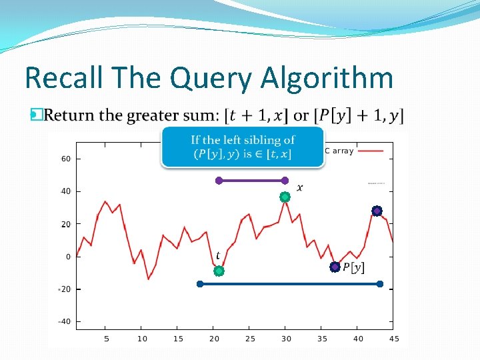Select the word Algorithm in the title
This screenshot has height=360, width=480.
point(327,79)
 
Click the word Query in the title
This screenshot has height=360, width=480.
point(211,79)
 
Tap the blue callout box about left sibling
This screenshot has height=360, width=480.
point(243,147)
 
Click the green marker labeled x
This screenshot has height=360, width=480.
point(285,197)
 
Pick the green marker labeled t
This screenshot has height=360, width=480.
point(219,271)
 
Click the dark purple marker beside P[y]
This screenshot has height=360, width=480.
point(335,267)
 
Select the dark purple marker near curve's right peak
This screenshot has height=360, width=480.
point(377,211)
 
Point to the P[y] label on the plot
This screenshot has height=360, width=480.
point(353,267)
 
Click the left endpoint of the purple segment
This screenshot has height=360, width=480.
point(219,180)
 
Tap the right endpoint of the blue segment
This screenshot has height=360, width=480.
point(380,284)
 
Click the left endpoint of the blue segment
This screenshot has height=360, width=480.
point(200,284)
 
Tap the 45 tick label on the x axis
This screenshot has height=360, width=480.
point(393,339)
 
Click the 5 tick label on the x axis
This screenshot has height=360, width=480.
point(106,339)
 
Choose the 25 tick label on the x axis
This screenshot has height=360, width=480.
point(250,339)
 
